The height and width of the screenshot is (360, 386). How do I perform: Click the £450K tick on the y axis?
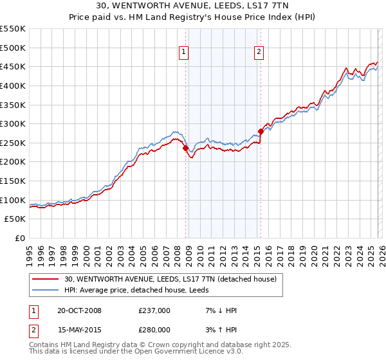coord(13,66)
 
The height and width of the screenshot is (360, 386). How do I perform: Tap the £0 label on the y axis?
coord(21,239)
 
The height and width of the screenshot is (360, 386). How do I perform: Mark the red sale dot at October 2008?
coord(186,148)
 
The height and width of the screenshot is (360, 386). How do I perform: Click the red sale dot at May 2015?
coord(261,131)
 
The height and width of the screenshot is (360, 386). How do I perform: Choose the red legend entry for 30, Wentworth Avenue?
coord(170,279)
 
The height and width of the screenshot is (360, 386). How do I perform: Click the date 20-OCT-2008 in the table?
coord(79,310)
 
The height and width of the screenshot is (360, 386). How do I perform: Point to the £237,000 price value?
coord(154,310)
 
